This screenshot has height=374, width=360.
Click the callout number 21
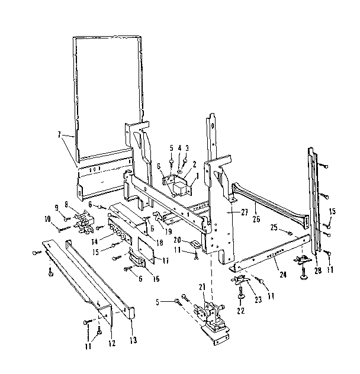pos(202,286)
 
